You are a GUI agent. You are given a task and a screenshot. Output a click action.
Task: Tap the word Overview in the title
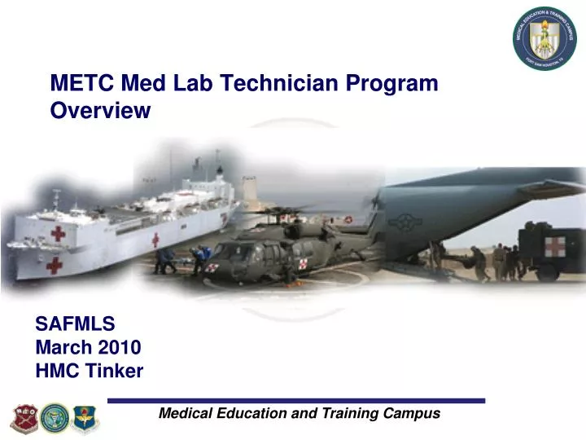tap(100, 112)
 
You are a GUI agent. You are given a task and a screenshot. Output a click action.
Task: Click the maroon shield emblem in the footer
tap(24, 417)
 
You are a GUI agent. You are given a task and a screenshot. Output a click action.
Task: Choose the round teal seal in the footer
tap(55, 417)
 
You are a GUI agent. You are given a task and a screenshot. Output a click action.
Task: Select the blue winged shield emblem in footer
tap(85, 418)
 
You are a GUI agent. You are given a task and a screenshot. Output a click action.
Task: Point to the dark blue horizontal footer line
tap(296, 401)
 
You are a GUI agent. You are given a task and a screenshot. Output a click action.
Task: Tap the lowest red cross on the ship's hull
tap(55, 265)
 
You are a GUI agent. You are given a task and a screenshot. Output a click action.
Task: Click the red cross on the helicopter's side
tap(304, 263)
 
